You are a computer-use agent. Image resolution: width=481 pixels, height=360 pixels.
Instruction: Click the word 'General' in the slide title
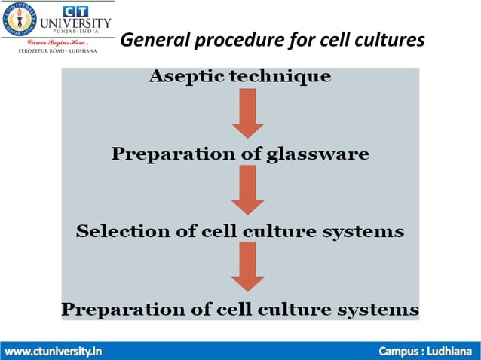point(155,39)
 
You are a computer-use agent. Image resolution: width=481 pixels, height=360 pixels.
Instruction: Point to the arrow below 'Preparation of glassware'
point(247,191)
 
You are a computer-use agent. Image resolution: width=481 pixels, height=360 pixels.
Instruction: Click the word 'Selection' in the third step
point(116,231)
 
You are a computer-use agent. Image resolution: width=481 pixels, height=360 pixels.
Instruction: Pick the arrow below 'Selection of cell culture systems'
point(247,267)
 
